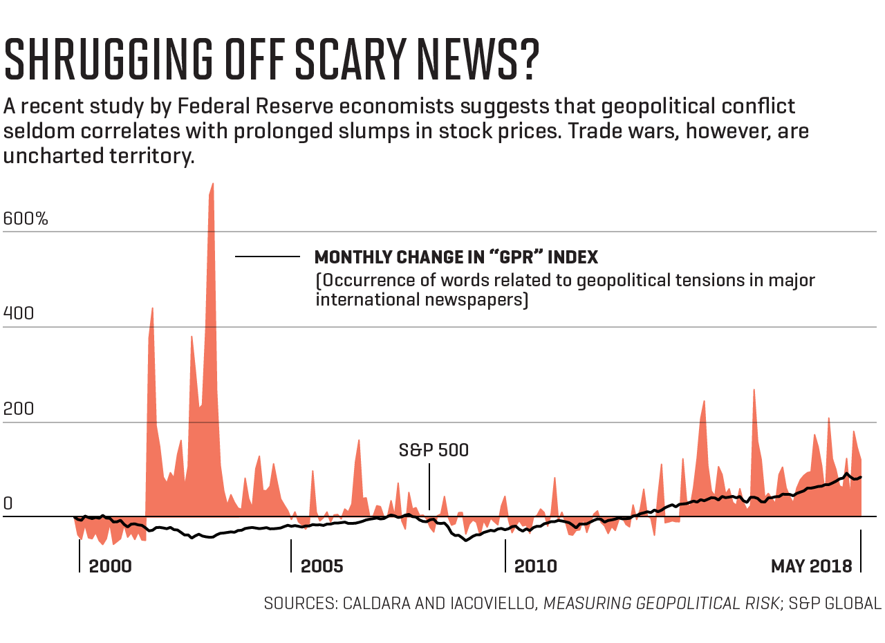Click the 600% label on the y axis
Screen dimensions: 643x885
pos(26,219)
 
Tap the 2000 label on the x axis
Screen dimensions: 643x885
pos(110,566)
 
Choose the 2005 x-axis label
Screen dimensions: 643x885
pos(322,566)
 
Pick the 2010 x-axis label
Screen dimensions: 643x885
pos(535,566)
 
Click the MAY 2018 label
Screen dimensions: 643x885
pos(811,566)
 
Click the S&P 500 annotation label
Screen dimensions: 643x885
pos(434,450)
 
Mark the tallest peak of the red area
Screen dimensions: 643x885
pos(212,185)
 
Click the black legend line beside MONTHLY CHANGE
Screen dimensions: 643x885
pos(267,257)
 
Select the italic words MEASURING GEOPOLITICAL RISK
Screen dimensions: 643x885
pos(661,603)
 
